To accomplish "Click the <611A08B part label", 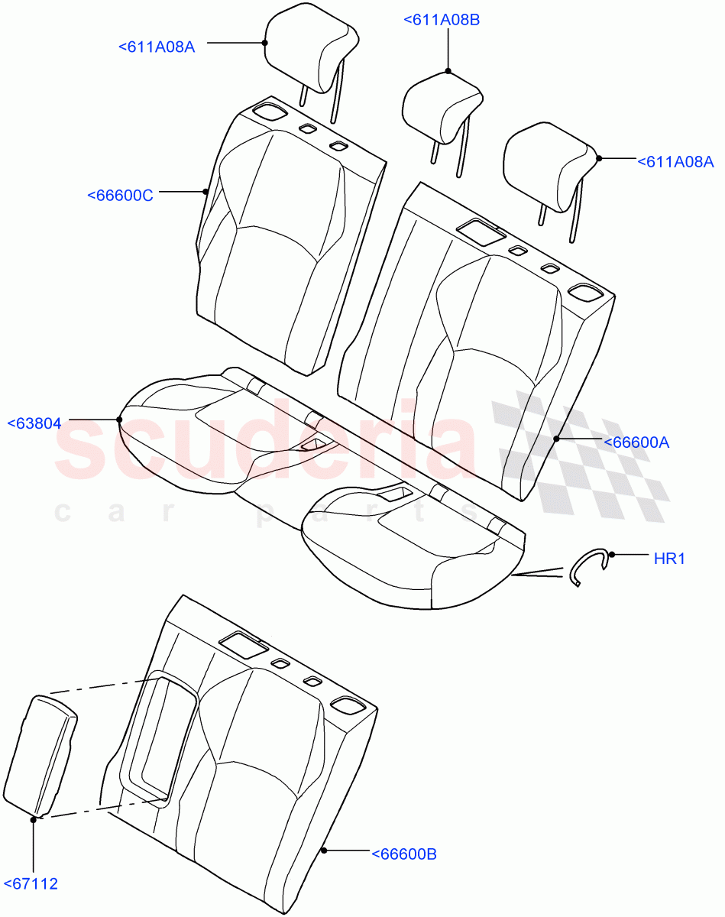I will point(442,20).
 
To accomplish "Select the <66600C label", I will point(120,195).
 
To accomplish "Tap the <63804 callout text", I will point(34,422).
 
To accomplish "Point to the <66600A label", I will point(636,442).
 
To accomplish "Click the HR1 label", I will point(669,559).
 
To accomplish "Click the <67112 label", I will point(31,884).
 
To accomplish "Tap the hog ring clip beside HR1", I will point(589,567).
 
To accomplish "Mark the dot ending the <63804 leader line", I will point(120,420).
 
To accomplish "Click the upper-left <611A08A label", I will point(157,47).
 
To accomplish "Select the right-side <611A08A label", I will point(675,161).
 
